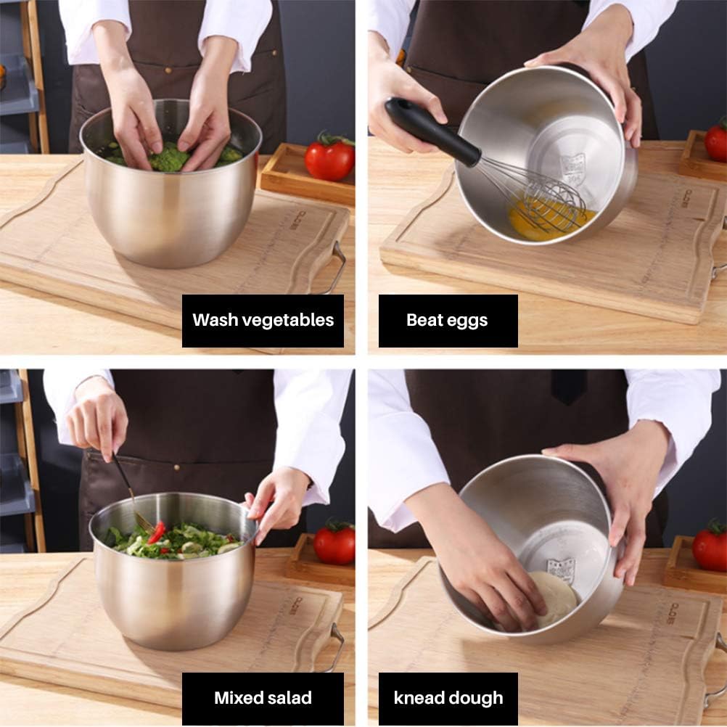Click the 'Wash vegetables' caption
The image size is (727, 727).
point(263,320)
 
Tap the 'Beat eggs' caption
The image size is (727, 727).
point(447,320)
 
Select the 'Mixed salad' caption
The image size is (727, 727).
point(263,698)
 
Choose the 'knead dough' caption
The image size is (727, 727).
point(448,698)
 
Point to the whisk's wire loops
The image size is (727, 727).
point(551,200)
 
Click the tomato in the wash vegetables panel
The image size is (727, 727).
point(329,159)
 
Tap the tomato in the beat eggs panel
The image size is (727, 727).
point(716,141)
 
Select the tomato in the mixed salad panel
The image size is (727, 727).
point(334,543)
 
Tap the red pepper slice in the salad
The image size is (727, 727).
point(157,533)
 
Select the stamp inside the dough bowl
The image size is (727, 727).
point(561,569)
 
